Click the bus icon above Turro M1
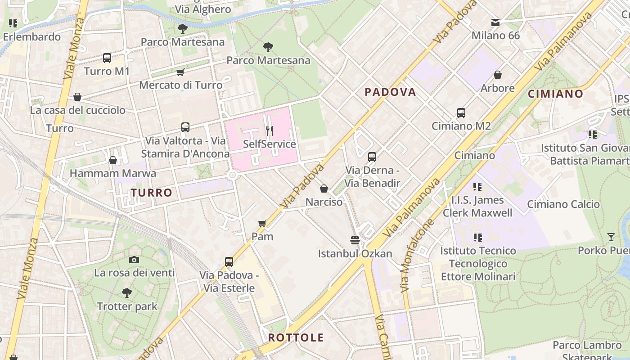(107, 58)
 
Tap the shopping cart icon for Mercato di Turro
(180, 72)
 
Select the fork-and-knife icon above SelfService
(270, 131)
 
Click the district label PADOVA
(390, 92)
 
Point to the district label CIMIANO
(555, 94)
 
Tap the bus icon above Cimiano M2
(461, 113)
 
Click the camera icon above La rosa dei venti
(134, 260)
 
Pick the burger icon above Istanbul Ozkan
(355, 240)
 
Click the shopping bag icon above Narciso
(324, 189)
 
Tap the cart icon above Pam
(262, 223)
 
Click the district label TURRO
(152, 193)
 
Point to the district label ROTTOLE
(296, 337)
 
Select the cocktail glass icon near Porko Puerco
(611, 237)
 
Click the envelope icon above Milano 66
(495, 22)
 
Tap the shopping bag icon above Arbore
(498, 75)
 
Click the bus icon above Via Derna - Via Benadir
(372, 157)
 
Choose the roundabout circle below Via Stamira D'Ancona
(233, 175)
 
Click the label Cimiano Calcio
(563, 204)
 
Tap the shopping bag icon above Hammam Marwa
(113, 160)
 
